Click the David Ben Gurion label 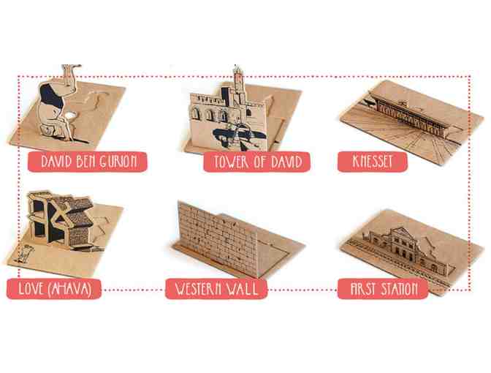88,162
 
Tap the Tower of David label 256,162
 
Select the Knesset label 373,162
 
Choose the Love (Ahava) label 54,289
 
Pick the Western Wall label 216,289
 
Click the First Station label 383,289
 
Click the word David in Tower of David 286,162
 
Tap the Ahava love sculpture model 59,219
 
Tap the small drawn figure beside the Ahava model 23,255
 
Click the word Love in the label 31,289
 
